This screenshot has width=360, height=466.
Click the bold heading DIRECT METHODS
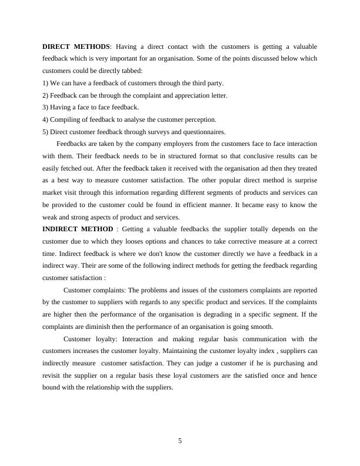click(x=76, y=46)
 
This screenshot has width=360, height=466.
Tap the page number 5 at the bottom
click(x=180, y=442)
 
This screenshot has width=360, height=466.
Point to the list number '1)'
click(x=46, y=83)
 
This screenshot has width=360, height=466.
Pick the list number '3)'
click(x=46, y=107)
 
